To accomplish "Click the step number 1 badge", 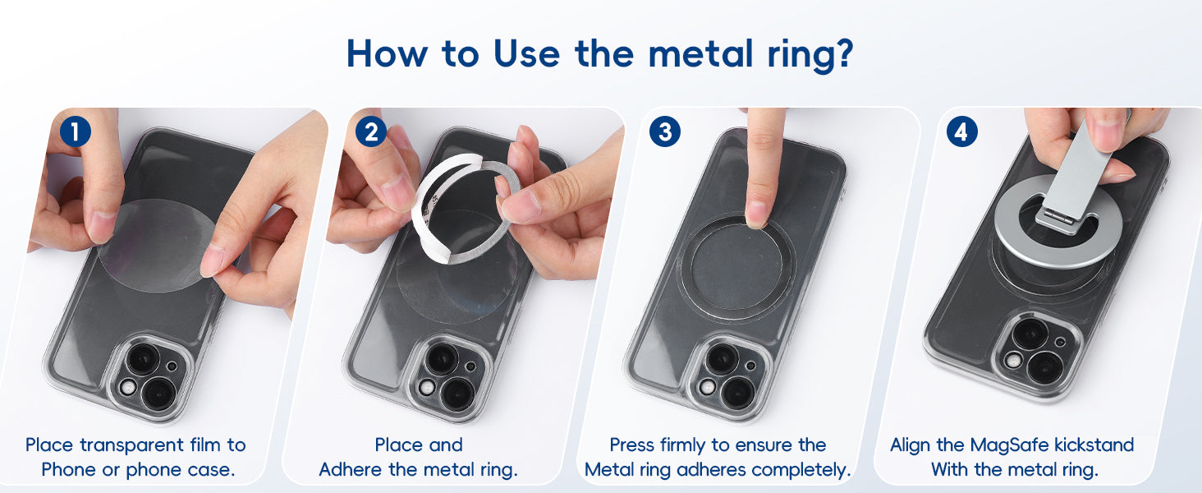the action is pos(76,131).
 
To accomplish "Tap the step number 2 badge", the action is pos(371,131).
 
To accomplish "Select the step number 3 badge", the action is pos(665,131).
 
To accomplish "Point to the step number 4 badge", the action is pos(961,131).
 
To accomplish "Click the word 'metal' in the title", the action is pos(701,53).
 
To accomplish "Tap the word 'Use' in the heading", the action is pos(526,53).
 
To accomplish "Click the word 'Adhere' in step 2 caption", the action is pos(351,470).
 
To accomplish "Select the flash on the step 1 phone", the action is pos(128,388).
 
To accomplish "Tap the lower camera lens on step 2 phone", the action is pos(456,394).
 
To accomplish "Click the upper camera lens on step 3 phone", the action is pos(722,359).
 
